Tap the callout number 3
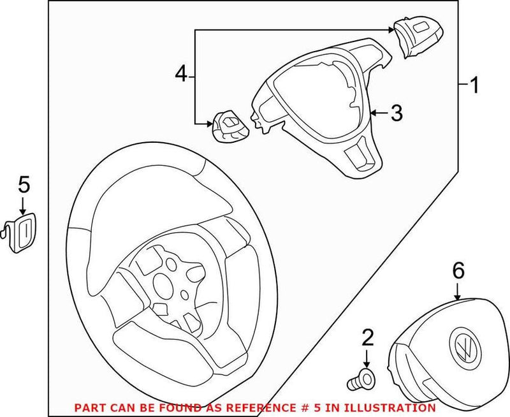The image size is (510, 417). point(396,113)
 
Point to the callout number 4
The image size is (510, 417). point(182,75)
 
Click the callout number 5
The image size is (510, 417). point(23,184)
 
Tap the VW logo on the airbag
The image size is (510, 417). point(462,347)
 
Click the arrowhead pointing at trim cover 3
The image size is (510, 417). point(373,113)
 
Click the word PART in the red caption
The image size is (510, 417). point(87,407)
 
